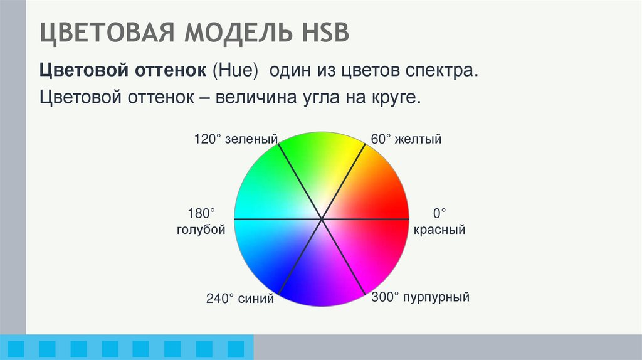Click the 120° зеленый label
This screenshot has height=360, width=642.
click(x=236, y=139)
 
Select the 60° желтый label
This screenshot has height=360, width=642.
click(x=406, y=139)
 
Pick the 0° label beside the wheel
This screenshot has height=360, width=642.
click(x=439, y=213)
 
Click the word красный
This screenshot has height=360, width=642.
click(x=439, y=230)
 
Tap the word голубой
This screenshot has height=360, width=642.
click(x=201, y=230)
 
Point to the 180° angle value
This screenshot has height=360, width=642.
click(x=201, y=213)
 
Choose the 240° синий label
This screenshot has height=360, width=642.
click(x=240, y=299)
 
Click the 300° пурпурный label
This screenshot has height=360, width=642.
click(x=420, y=297)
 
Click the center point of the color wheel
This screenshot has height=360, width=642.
click(x=322, y=219)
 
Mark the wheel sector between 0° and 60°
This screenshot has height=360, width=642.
click(x=367, y=193)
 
